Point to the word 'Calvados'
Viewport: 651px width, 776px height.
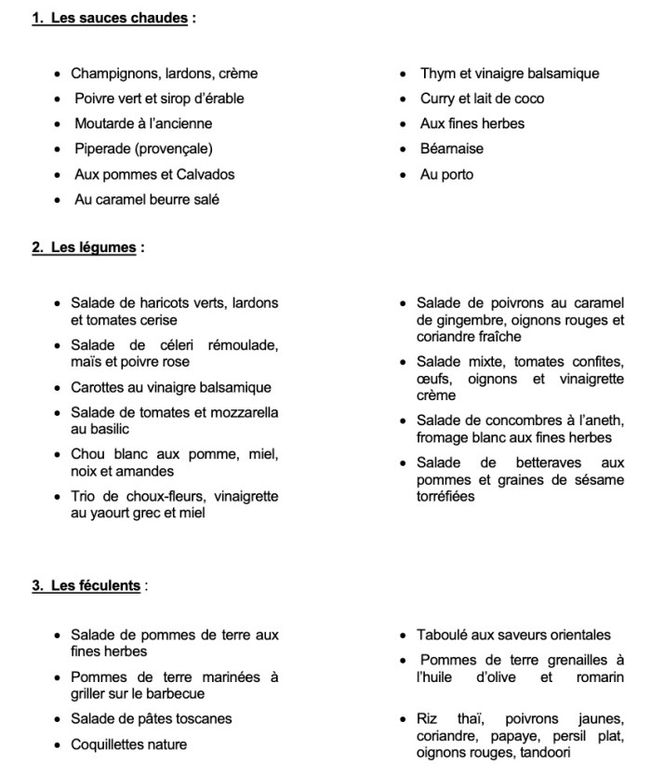[x=206, y=174]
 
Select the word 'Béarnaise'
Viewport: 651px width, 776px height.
[x=452, y=149]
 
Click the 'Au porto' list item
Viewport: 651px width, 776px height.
[x=446, y=174]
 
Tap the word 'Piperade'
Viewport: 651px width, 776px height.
[x=102, y=149]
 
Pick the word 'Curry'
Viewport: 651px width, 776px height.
[x=435, y=99]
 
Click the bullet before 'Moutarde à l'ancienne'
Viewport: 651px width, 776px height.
[x=58, y=124]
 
